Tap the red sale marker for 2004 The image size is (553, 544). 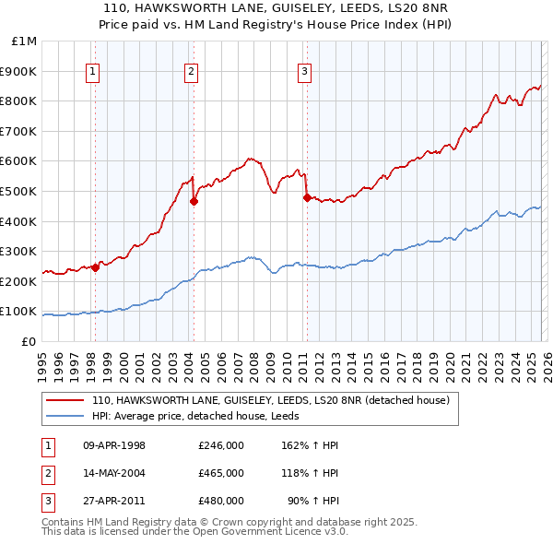(194, 201)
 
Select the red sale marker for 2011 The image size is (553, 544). (306, 196)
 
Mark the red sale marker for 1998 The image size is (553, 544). (95, 267)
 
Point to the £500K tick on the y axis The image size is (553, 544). (18, 191)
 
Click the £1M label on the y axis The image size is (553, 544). (24, 41)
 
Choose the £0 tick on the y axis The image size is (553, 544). (29, 341)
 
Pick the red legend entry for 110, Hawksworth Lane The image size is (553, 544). (270, 400)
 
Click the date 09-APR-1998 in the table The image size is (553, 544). (114, 446)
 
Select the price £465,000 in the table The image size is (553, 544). (221, 473)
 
